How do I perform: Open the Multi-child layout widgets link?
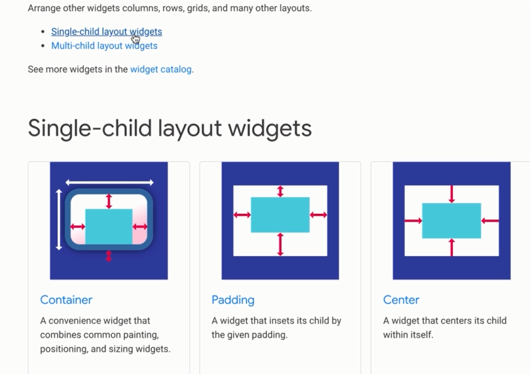pos(104,46)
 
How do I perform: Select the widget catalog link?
pos(161,69)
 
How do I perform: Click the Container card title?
pos(66,300)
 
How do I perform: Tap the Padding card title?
pos(233,300)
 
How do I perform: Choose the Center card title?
pos(401,300)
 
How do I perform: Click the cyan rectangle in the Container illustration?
pos(109,227)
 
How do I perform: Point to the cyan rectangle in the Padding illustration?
pos(280,215)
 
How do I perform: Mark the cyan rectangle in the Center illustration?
pos(451,221)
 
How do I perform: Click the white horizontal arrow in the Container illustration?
pos(109,182)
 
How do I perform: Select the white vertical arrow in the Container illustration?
pos(59,219)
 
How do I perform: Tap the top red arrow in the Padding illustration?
pos(281,191)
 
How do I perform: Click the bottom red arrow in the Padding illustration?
pos(281,244)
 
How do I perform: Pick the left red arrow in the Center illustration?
pos(413,221)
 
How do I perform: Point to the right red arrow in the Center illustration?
pos(490,221)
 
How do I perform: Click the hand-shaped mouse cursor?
pos(135,38)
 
